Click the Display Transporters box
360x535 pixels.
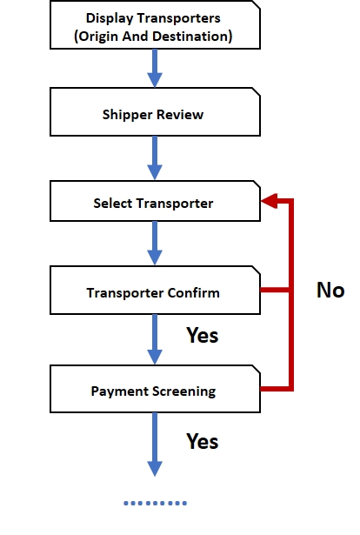point(155,24)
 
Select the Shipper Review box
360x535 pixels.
point(155,112)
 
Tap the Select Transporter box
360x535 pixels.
point(155,201)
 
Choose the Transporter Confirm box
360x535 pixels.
point(155,290)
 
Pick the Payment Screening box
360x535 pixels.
point(155,389)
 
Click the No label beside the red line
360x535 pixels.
point(330,291)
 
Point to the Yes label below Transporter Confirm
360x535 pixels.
point(202,335)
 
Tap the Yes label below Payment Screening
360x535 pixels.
point(202,441)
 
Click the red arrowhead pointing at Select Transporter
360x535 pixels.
point(270,201)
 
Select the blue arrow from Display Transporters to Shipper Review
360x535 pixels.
point(155,68)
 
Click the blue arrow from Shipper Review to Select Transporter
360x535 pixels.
point(155,158)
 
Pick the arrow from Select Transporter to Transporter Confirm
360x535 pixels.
point(155,244)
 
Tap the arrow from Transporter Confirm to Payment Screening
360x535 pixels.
point(155,340)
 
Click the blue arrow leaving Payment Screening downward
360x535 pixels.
point(155,445)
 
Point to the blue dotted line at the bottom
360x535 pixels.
point(155,503)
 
